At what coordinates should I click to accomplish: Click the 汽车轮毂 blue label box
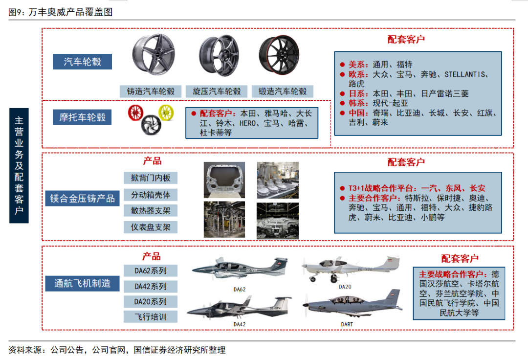coord(82,62)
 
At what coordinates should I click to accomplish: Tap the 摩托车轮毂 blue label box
coord(82,117)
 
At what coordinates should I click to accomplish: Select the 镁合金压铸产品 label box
coord(82,199)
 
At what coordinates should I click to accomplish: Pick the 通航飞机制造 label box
coord(82,283)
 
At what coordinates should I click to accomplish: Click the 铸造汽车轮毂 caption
coord(151,91)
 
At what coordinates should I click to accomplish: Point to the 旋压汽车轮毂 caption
coord(217,91)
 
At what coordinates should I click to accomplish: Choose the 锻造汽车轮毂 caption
coord(283,91)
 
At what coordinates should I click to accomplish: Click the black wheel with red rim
coord(279,55)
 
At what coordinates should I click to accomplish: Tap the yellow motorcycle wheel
coord(166,112)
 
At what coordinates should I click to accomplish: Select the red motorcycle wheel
coord(136,113)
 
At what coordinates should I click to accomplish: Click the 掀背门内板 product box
coord(151,178)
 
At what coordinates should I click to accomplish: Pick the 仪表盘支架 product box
coord(151,227)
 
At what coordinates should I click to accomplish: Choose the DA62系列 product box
coord(151,271)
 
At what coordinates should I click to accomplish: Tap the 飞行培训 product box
coord(151,317)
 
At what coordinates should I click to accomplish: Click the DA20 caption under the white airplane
coord(345,287)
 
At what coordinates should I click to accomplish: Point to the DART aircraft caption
coord(347,324)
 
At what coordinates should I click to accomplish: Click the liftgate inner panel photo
coord(224,180)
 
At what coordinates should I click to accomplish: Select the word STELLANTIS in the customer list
coord(465,74)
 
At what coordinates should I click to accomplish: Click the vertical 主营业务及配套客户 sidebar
coord(19,166)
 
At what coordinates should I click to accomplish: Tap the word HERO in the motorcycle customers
coord(247,124)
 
